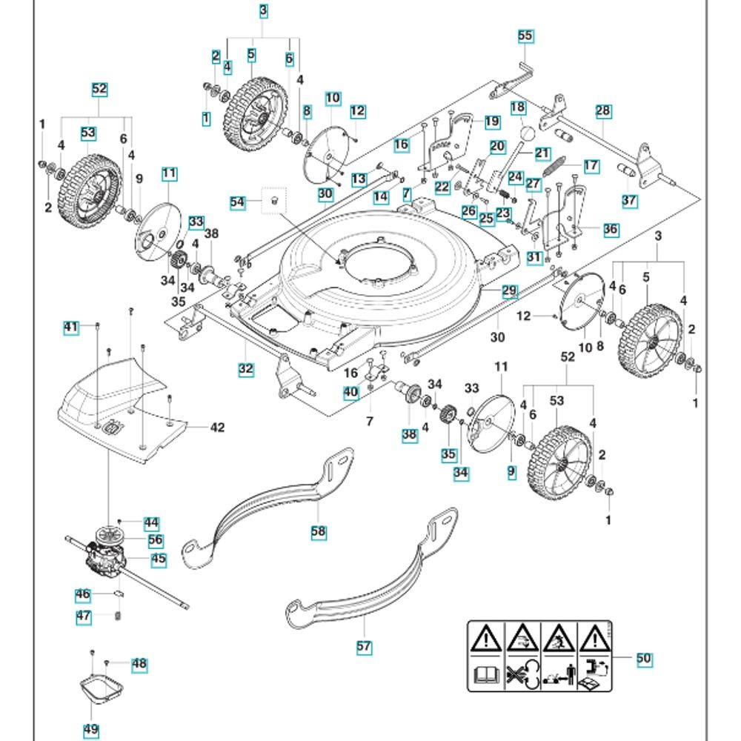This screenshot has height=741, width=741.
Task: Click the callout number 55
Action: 525,35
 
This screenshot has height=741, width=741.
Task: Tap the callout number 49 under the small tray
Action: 90,729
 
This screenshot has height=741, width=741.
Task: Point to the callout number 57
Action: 363,646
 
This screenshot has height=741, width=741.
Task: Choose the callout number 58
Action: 319,531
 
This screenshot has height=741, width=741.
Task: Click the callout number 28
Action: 603,110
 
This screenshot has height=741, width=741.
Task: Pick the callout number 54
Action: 238,202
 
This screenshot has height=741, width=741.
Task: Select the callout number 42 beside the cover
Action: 216,427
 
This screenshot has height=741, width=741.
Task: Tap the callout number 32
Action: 246,367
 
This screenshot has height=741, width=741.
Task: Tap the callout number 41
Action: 71,327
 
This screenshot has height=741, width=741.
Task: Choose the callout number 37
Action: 629,201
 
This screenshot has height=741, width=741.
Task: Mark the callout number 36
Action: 611,230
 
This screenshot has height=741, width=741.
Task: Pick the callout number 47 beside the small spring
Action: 84,617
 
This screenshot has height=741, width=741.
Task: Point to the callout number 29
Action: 509,291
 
